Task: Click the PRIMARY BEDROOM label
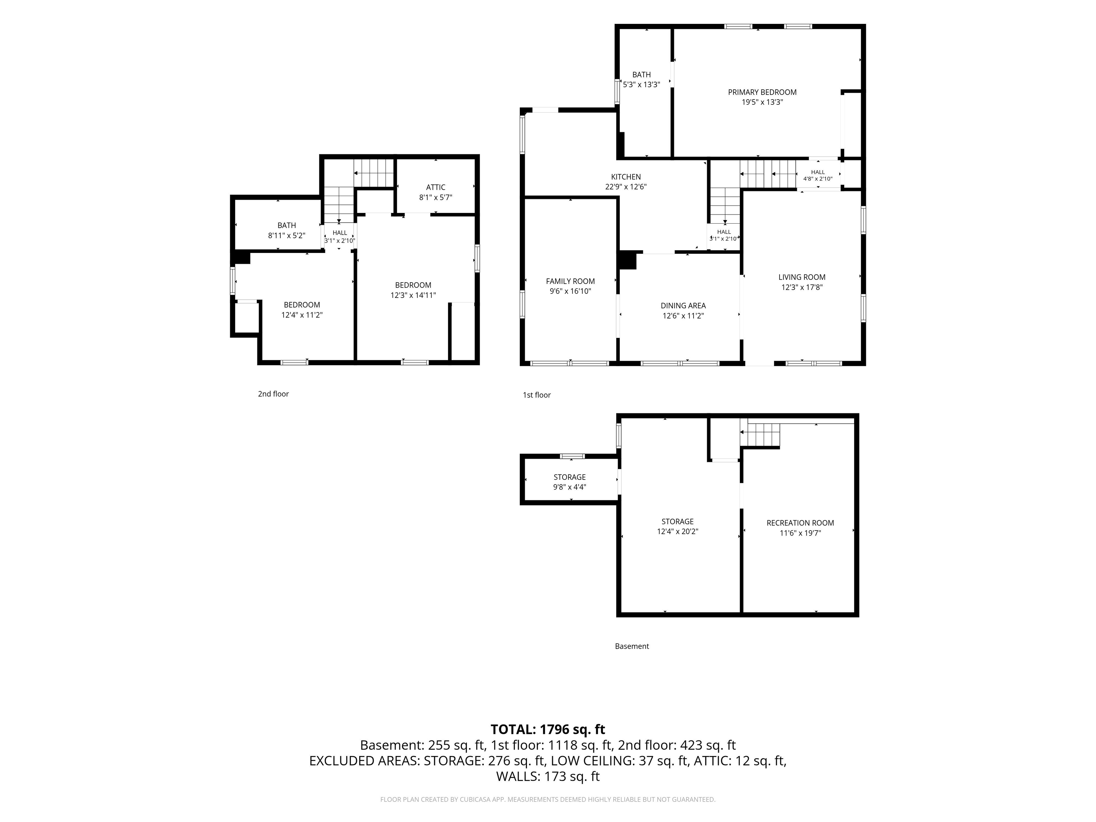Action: [762, 92]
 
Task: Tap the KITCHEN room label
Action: [626, 177]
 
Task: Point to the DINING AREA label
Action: [683, 306]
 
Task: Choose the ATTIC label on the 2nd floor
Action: [436, 187]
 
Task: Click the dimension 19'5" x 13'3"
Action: [762, 102]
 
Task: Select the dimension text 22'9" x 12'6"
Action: [626, 187]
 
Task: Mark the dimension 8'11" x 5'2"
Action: [287, 236]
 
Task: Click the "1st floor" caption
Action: [537, 395]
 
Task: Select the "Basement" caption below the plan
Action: [632, 646]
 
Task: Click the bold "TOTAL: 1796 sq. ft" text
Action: [548, 729]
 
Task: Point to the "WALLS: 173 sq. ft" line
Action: [548, 776]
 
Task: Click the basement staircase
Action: [760, 435]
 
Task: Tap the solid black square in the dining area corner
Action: [627, 260]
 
